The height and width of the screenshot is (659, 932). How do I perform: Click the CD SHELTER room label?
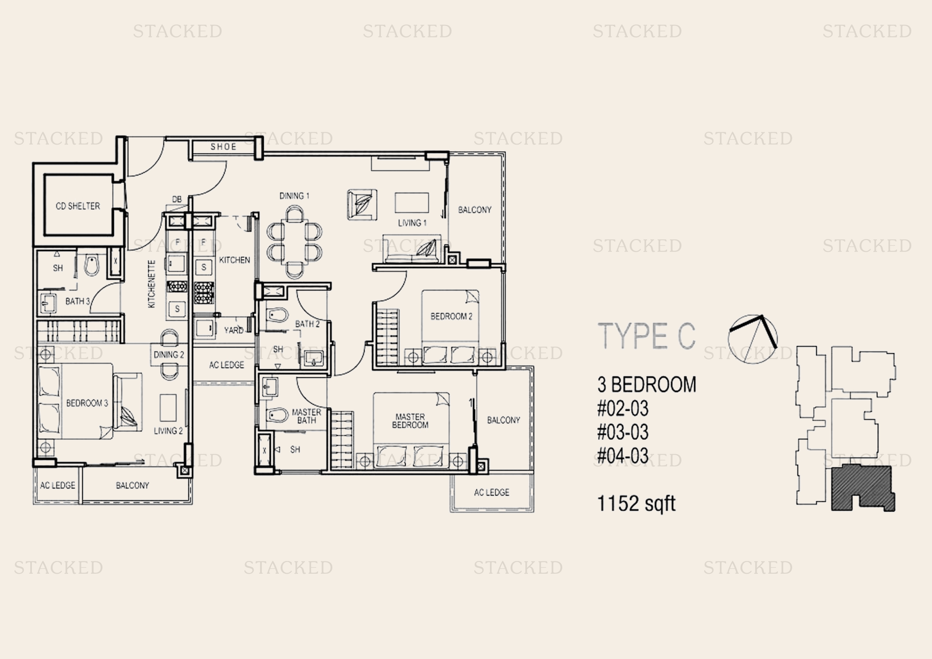coord(78,206)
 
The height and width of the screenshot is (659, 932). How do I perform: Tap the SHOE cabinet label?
coord(223,147)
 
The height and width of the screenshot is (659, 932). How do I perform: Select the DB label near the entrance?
coord(177,199)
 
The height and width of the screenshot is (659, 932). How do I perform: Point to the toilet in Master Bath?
coord(277,415)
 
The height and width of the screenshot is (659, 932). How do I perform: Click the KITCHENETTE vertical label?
coord(151,284)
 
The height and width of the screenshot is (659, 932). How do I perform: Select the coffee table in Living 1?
coord(412,202)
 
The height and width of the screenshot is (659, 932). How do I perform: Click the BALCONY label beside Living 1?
coord(475,210)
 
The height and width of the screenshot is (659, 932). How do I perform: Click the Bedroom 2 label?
coord(451,316)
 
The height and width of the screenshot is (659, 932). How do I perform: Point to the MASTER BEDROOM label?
coord(410,421)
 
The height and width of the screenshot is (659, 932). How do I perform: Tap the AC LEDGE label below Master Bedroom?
coord(491,492)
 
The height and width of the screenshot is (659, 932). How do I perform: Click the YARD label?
coord(233,330)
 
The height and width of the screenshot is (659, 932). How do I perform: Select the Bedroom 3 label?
coord(87,403)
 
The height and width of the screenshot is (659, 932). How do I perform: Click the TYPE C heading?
coord(646,336)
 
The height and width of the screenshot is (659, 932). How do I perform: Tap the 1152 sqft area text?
coord(636,504)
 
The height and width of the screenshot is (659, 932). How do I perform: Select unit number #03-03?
coord(623,432)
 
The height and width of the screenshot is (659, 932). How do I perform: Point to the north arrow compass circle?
coord(753,339)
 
